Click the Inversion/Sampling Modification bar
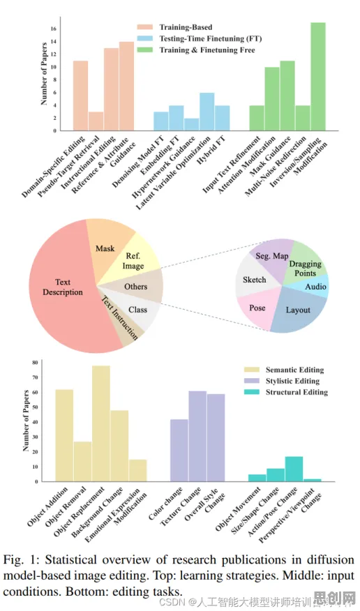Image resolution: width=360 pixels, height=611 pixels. point(318,77)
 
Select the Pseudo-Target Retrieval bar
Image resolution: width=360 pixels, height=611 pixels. point(96,121)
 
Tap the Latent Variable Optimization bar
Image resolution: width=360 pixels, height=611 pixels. point(207,112)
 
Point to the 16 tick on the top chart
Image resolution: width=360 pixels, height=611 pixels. point(54,29)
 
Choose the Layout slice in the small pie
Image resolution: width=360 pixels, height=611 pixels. point(299,310)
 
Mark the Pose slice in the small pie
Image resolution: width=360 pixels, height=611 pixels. point(257,308)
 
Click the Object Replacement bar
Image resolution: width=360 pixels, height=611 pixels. point(101,423)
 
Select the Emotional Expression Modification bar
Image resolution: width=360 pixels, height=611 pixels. point(138,470)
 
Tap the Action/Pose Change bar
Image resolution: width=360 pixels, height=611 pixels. point(294,469)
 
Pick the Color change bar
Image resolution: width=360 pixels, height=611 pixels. point(179,450)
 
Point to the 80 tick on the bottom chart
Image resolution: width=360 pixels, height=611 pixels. point(35,363)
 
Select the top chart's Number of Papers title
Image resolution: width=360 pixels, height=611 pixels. point(45,74)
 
